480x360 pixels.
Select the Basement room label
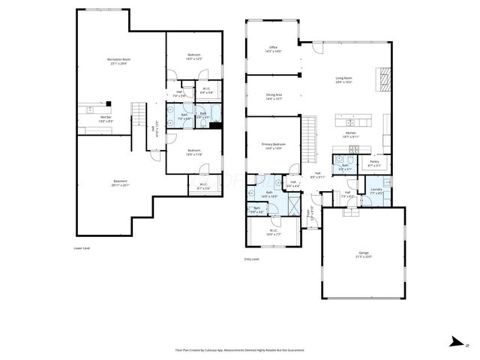coord(120,182)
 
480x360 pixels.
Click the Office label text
coord(274,49)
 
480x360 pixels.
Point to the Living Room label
coord(344,79)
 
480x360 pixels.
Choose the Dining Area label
coord(274,96)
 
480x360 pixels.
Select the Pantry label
coord(373,163)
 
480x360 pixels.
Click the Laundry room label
coord(376,191)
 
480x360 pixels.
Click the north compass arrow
coord(454,341)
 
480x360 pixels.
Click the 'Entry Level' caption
coord(252,259)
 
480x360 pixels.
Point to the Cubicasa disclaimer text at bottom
coord(239,349)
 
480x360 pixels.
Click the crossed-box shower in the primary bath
coord(295,203)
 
